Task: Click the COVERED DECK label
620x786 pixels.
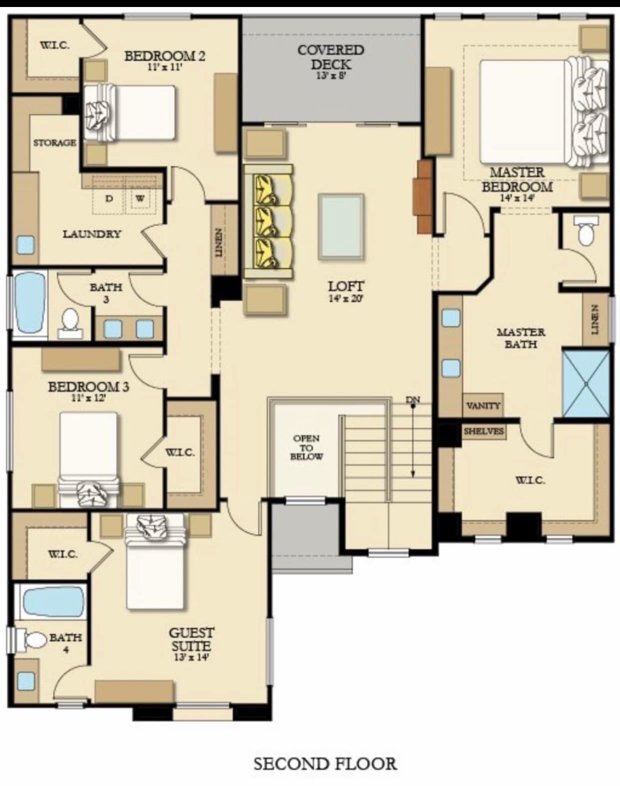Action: (x=331, y=57)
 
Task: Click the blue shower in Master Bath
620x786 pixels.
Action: (x=586, y=384)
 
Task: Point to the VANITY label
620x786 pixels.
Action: (x=483, y=405)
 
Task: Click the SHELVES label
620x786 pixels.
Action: (x=483, y=431)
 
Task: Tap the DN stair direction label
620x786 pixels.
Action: (x=413, y=399)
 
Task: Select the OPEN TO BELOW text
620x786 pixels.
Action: (x=306, y=447)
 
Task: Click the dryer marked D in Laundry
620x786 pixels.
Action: (x=109, y=198)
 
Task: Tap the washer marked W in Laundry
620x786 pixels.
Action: (x=140, y=198)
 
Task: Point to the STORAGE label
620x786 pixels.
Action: (x=55, y=143)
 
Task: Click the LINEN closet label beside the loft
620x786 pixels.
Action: (x=218, y=242)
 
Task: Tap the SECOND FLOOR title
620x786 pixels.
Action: (x=325, y=764)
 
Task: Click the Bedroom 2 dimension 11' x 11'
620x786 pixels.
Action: (x=164, y=67)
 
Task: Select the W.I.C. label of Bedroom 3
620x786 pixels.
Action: (x=180, y=452)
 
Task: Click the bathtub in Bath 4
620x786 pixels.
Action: (x=52, y=602)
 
